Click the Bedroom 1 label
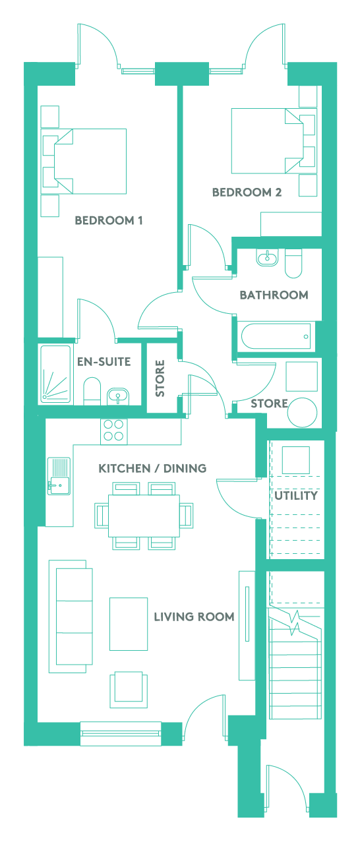(109, 220)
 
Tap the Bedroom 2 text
(247, 193)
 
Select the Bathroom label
(274, 295)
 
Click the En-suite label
(104, 361)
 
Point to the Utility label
(296, 495)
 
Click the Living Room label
(194, 617)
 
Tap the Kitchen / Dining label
(152, 468)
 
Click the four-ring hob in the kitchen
(114, 431)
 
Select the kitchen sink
(59, 476)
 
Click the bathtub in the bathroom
(276, 336)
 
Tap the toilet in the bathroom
(293, 263)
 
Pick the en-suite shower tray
(55, 375)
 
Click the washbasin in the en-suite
(118, 396)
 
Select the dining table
(144, 516)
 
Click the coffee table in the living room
(129, 624)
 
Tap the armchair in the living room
(129, 690)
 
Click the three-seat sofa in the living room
(71, 616)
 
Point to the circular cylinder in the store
(302, 412)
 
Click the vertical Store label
(160, 378)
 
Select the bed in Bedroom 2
(268, 141)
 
